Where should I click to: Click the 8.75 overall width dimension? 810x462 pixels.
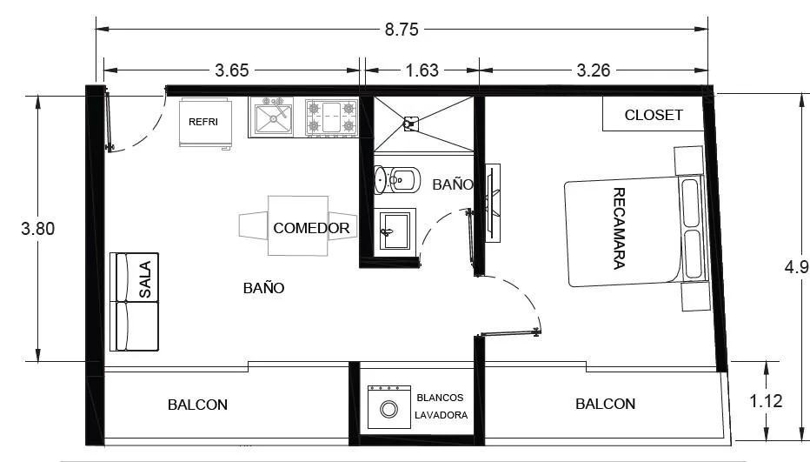402,30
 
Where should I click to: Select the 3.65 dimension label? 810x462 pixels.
232,70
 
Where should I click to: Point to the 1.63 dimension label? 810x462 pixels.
422,70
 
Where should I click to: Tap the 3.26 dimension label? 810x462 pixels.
594,70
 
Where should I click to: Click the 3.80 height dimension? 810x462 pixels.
37,228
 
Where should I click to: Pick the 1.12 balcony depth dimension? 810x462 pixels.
766,401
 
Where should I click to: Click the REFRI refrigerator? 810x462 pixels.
205,123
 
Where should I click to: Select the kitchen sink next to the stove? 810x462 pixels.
270,117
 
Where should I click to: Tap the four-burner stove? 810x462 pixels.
331,117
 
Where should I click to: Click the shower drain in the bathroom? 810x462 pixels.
410,124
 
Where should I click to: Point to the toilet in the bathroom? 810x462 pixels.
397,180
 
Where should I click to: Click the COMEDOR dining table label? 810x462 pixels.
311,228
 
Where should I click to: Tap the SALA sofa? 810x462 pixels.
135,302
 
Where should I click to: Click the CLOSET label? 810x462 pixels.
654,115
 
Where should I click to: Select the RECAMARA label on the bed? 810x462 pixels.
619,228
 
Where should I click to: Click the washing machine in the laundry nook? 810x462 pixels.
389,407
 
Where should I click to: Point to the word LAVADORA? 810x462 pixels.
442,415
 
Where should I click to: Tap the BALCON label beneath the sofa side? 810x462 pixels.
197,405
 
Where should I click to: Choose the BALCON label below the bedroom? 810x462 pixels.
606,404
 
